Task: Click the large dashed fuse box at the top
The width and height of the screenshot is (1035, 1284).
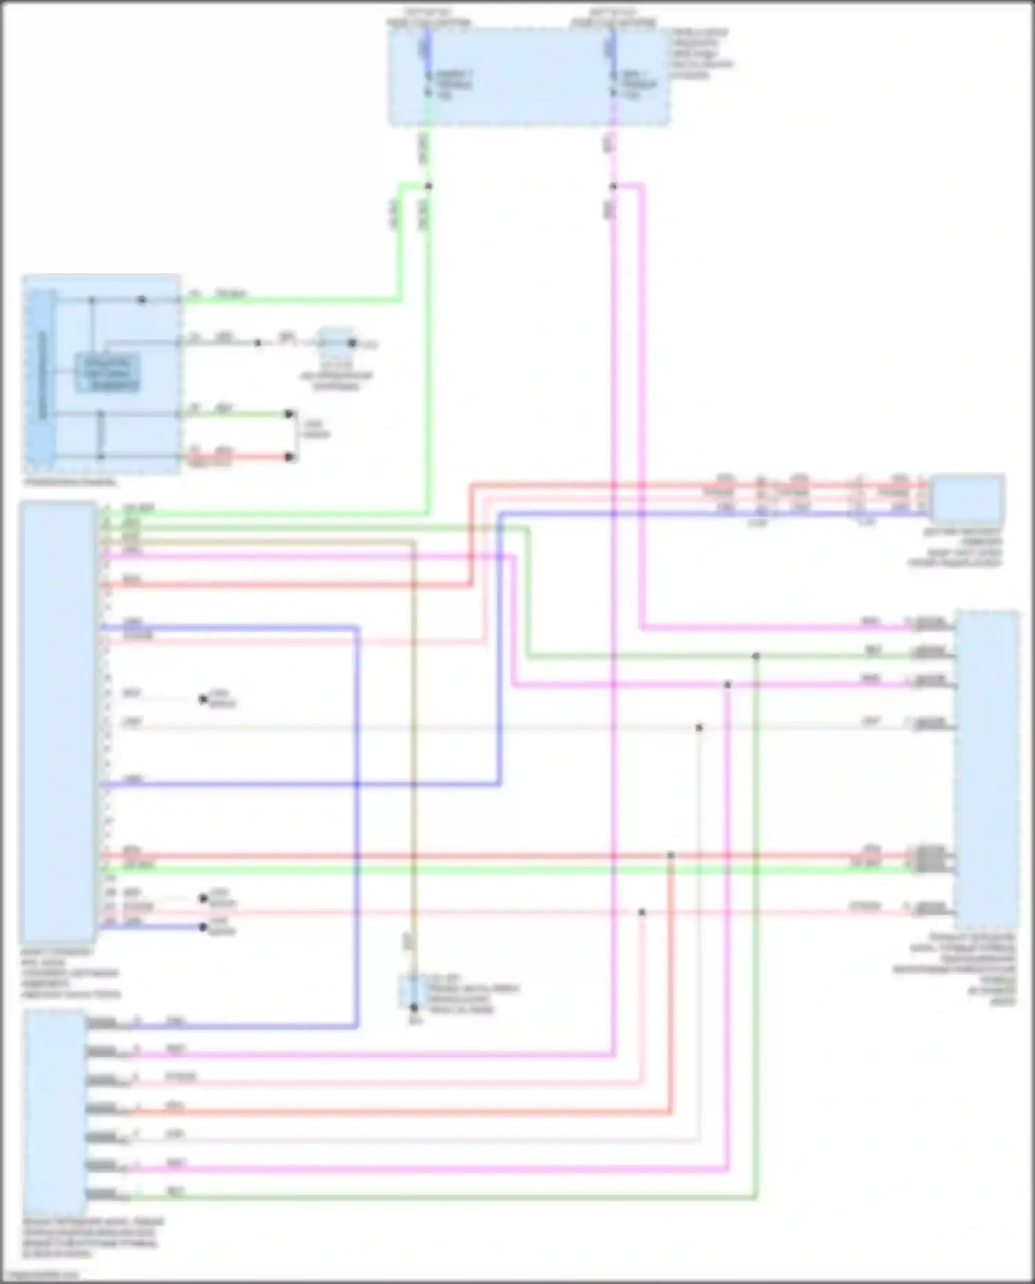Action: (528, 77)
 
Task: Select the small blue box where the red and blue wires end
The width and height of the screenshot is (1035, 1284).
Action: (967, 498)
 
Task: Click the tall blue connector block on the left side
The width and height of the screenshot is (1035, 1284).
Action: (58, 722)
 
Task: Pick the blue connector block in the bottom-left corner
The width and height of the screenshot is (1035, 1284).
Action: (55, 1111)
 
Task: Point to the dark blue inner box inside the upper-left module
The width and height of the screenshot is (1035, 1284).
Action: (108, 373)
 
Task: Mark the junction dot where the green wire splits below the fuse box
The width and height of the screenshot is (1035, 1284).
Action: (428, 186)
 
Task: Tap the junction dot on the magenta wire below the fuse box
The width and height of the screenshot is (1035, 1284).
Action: (613, 186)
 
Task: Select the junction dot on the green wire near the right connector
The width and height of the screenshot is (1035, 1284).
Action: (756, 656)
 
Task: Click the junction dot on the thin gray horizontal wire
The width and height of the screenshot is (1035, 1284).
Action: (699, 727)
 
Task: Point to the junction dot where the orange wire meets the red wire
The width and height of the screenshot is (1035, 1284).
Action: (671, 856)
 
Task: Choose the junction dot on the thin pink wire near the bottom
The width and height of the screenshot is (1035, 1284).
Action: (642, 912)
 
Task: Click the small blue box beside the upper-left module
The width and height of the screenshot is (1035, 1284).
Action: (336, 342)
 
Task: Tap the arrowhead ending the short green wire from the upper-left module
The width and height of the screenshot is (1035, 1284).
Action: (290, 414)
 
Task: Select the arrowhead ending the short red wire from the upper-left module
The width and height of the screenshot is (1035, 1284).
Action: (290, 457)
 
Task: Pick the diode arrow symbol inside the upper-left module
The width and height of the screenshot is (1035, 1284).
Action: (142, 300)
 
